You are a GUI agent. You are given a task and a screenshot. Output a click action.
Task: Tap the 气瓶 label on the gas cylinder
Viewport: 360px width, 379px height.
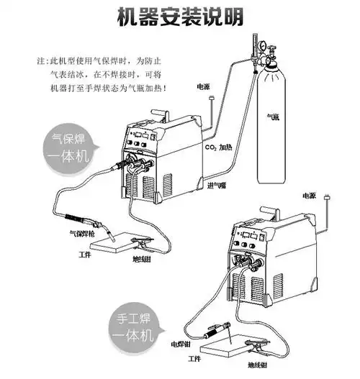coord(273,114)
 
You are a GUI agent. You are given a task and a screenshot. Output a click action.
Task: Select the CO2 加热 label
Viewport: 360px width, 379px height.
coord(218,147)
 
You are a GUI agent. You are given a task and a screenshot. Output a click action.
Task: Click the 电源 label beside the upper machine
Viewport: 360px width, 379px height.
coord(204,87)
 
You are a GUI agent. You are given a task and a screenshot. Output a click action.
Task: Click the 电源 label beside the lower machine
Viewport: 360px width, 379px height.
coord(309,195)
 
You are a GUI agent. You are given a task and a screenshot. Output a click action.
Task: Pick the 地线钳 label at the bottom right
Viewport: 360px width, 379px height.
coord(257,366)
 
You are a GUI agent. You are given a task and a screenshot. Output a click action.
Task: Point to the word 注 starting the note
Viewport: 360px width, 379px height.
coord(40,62)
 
